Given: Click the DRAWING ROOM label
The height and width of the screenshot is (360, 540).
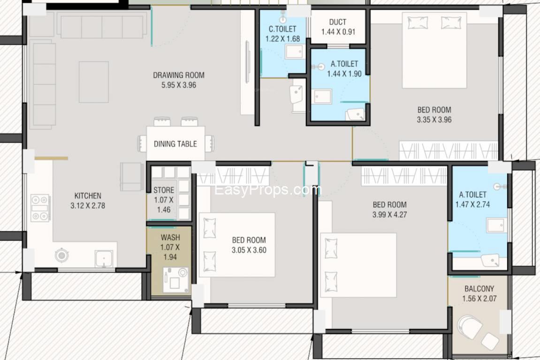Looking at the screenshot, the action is tap(178, 75).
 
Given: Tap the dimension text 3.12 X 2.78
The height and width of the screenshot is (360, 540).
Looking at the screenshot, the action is tap(88, 206).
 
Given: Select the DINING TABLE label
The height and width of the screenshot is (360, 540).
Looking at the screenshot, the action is tap(175, 144).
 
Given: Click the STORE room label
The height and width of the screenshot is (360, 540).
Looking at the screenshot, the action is tap(164, 190).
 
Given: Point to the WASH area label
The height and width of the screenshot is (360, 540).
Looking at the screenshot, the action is tap(170, 237).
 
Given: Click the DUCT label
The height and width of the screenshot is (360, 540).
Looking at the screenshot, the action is tap(337, 22).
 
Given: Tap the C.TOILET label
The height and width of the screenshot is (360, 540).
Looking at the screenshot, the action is tap(282, 29).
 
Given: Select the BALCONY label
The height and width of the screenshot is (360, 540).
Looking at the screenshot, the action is tap(479, 289).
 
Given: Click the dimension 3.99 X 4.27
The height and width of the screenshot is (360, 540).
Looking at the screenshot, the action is tap(389, 215).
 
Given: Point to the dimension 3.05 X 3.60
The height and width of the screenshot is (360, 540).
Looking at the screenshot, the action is tap(249, 250).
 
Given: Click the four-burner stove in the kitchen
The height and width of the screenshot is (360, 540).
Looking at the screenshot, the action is tap(40, 208).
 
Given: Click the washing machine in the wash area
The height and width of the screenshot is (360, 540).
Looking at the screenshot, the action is tap(175, 280).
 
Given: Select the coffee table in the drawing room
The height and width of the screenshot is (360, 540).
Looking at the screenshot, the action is tap(94, 82).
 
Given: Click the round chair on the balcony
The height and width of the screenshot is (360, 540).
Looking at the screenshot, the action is tap(470, 327).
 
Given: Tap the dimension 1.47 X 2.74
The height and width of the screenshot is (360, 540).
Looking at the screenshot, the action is tap(472, 204).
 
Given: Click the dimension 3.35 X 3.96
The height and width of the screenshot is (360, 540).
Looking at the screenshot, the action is tap(434, 120).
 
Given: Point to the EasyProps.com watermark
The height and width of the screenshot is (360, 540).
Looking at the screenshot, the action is tap(268, 190).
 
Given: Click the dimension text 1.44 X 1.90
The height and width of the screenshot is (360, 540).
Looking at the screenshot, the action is tap(344, 74).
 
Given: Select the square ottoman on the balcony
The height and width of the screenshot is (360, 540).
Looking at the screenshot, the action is tap(490, 341).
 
